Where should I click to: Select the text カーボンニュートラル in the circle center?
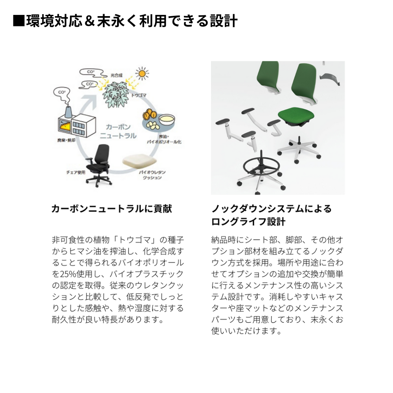tap(118, 131)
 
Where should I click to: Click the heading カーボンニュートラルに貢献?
tap(112, 209)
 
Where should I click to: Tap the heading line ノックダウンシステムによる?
tap(271, 209)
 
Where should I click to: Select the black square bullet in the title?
tap(19, 20)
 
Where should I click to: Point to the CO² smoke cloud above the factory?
tap(62, 93)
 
